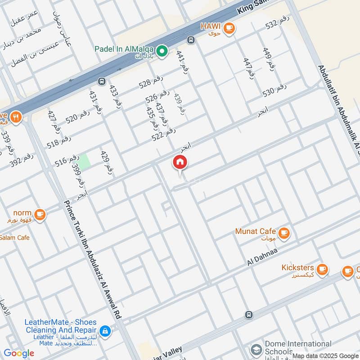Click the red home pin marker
[x=180, y=162]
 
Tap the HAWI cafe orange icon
[x=229, y=28]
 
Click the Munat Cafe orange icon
[x=283, y=233]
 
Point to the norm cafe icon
[x=40, y=213]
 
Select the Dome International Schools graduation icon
[x=256, y=349]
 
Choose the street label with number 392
[x=21, y=160]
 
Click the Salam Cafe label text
[x=14, y=237]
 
